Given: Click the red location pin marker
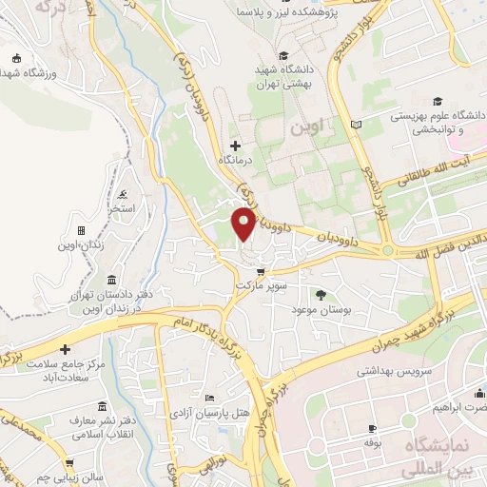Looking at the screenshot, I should click(x=243, y=224).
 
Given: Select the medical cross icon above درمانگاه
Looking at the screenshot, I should click(x=235, y=146).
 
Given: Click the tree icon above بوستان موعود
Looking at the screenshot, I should click(x=320, y=295).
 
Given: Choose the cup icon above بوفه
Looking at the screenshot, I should click(x=372, y=429).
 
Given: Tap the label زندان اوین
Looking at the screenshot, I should click(x=81, y=245).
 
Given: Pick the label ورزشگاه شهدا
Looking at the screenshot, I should click(x=30, y=73).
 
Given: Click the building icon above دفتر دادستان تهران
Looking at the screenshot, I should click(x=112, y=280).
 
